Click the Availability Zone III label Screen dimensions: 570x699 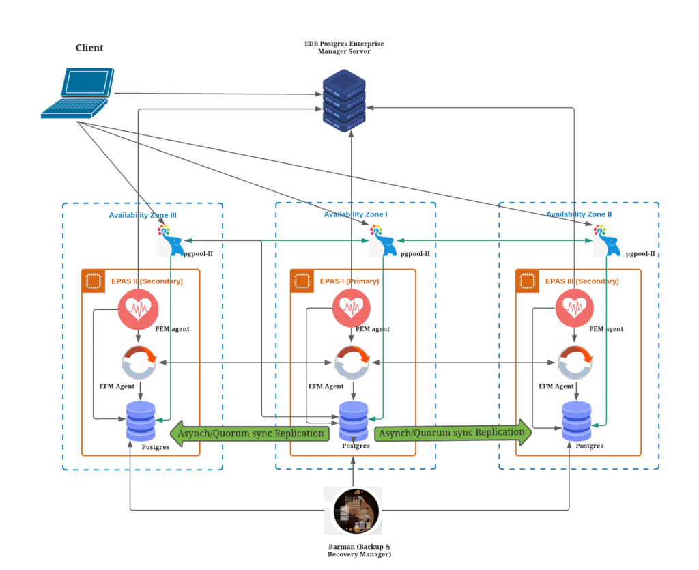(x=143, y=215)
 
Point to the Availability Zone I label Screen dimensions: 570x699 (x=356, y=214)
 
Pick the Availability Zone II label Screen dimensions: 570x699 (x=579, y=214)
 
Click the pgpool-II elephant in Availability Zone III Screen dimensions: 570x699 (x=170, y=242)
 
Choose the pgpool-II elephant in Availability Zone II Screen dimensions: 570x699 (x=606, y=242)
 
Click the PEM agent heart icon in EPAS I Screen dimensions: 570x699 (x=352, y=309)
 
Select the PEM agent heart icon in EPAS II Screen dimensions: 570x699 (x=138, y=309)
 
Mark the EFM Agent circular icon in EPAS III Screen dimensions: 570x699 (x=575, y=363)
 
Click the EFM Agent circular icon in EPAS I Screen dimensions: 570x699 (x=352, y=362)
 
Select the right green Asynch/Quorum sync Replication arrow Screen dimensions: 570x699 (x=453, y=433)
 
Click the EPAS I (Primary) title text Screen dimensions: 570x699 (x=349, y=281)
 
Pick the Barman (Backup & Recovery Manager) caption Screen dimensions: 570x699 (x=359, y=550)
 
